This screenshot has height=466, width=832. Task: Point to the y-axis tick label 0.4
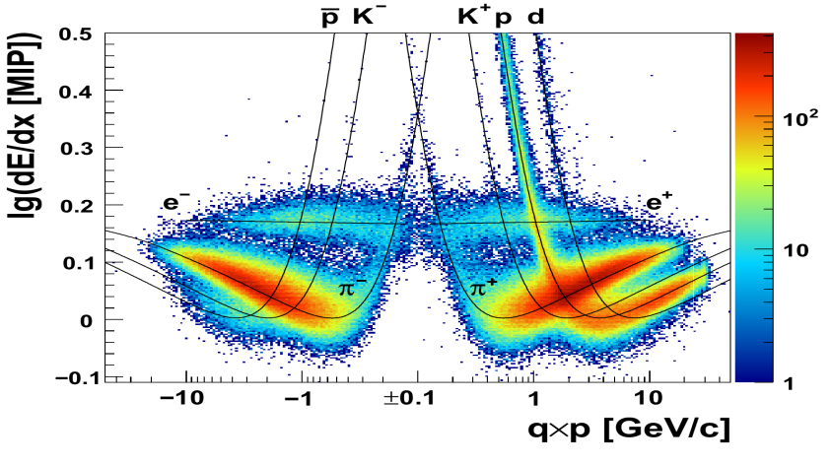click(77, 91)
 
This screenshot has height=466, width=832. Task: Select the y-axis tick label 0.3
click(77, 148)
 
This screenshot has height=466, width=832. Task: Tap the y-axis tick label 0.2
click(77, 205)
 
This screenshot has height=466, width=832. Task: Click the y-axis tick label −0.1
click(71, 378)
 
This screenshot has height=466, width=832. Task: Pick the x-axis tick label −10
click(182, 400)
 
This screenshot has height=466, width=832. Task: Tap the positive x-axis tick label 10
click(649, 400)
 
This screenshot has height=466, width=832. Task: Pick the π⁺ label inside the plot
click(484, 289)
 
